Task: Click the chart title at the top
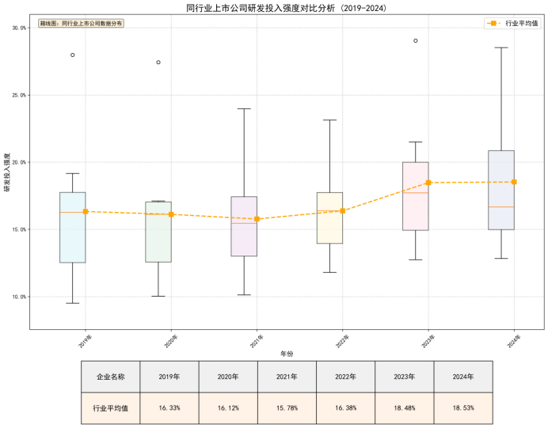click(274, 8)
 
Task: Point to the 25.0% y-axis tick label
click(17, 95)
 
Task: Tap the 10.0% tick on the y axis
click(17, 297)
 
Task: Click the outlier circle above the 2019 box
click(73, 55)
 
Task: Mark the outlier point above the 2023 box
click(416, 40)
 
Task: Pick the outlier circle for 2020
click(158, 62)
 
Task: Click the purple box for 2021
click(244, 226)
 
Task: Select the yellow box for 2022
click(329, 218)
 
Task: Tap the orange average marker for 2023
click(428, 183)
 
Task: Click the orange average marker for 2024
click(514, 182)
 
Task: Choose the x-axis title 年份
click(287, 353)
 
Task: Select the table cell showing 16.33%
click(169, 407)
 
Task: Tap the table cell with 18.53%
click(462, 407)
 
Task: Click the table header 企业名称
click(110, 377)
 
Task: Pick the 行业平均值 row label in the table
click(110, 407)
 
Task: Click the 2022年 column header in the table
click(345, 377)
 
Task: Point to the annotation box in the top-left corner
click(81, 24)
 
